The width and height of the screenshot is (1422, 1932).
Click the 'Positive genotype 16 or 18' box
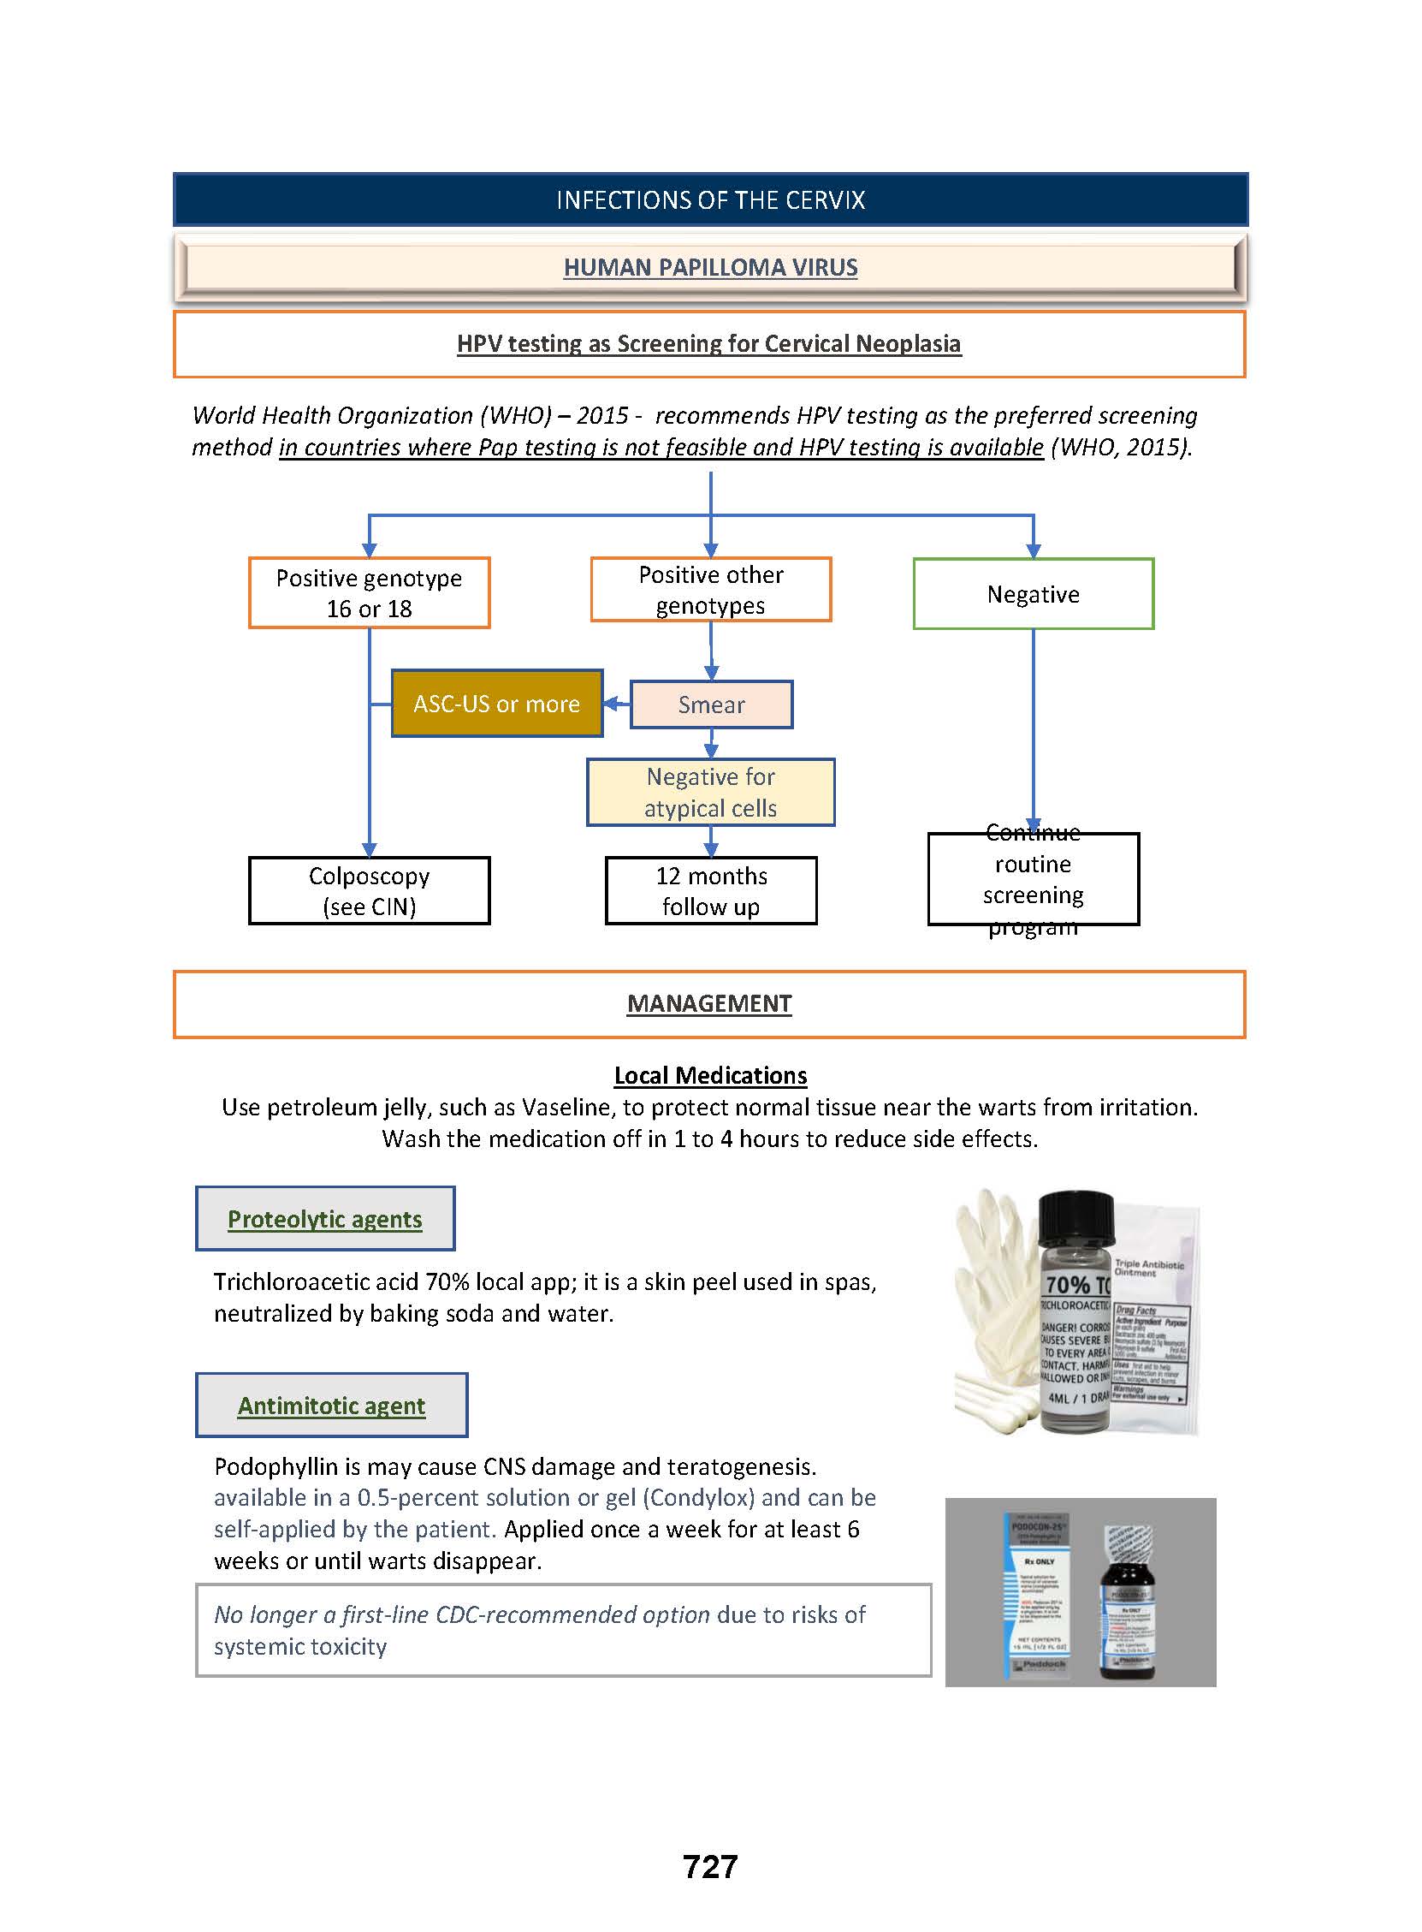(369, 592)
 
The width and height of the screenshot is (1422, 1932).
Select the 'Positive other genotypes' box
(710, 590)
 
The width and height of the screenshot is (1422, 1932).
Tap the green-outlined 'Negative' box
(1033, 594)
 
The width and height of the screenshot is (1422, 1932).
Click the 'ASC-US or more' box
(496, 704)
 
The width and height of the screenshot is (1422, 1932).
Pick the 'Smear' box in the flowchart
(711, 704)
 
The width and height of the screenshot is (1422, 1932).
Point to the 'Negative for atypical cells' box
(710, 792)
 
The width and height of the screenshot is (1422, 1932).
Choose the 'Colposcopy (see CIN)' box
(369, 890)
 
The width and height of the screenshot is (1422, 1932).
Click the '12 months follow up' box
(711, 890)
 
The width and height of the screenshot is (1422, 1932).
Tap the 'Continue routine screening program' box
(1033, 879)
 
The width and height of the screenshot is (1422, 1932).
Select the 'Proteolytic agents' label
(324, 1218)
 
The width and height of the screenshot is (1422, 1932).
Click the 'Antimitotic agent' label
(331, 1405)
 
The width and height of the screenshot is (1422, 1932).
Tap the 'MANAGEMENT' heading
(709, 1003)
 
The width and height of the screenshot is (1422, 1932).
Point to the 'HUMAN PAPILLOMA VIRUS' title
(710, 267)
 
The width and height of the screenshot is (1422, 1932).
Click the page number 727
(710, 1867)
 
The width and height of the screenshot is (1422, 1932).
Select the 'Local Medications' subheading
(710, 1075)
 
